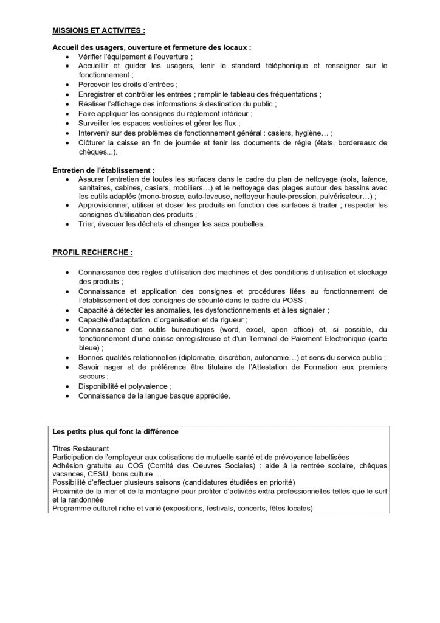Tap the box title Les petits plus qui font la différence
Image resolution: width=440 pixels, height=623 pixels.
[x=115, y=433]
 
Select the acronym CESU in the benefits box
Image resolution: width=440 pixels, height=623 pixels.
[x=97, y=473]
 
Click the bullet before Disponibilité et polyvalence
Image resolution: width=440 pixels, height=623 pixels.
[x=66, y=386]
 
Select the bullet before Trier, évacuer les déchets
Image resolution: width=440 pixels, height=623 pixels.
[x=66, y=224]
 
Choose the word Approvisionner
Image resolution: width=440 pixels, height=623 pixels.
[x=105, y=206]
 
